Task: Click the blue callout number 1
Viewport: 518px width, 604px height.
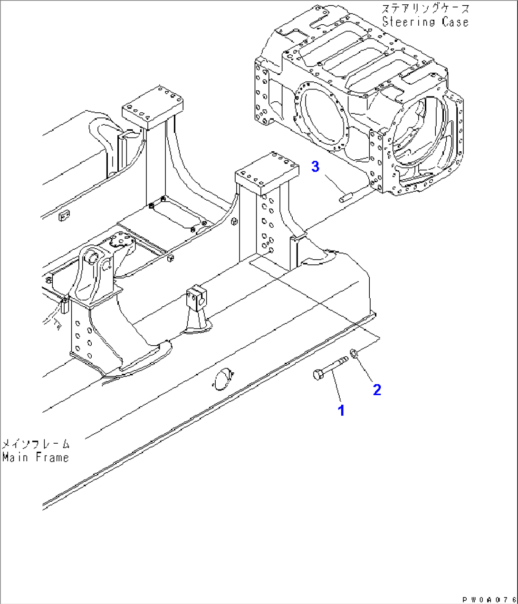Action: coord(341,410)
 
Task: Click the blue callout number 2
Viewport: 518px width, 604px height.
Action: coord(377,390)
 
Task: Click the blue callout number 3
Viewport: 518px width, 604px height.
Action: coord(315,166)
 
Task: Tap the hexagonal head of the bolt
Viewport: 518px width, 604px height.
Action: coord(317,375)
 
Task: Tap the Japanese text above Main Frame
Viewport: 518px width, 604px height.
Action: coord(36,445)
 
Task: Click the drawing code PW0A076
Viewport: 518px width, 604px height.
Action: coord(489,600)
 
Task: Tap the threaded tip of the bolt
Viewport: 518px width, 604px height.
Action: coord(344,359)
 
